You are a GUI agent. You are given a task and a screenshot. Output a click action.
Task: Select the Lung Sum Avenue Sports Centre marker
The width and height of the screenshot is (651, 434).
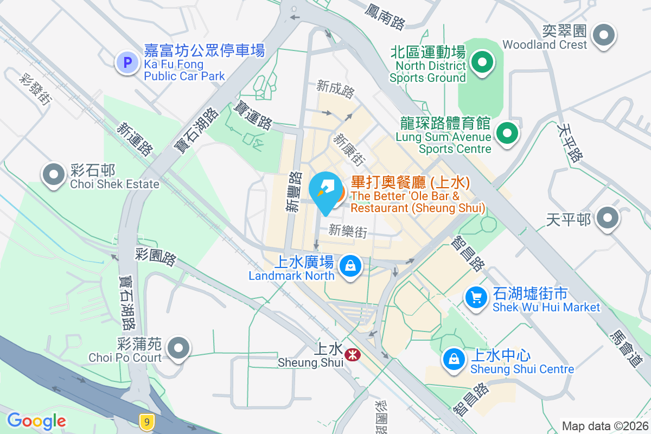(x=507, y=132)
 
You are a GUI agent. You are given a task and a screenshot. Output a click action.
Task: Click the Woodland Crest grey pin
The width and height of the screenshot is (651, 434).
(x=603, y=35)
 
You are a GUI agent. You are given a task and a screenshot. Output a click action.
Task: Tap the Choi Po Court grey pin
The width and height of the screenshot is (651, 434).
(x=178, y=348)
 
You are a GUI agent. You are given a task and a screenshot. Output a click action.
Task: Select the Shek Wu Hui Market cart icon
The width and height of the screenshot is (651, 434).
(x=476, y=297)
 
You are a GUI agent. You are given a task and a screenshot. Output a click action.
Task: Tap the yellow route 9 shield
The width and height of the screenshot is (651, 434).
(x=145, y=421)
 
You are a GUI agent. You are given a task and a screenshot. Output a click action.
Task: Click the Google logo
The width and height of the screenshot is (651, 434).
(x=36, y=421)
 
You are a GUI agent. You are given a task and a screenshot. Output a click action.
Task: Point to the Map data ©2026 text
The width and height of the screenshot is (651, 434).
(x=604, y=426)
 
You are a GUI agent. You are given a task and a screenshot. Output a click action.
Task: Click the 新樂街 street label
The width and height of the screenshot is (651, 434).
(x=348, y=232)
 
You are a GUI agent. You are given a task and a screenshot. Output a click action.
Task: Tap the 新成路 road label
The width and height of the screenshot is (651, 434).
(x=335, y=88)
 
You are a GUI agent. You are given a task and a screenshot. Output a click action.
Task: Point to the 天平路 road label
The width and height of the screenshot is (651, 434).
(x=570, y=142)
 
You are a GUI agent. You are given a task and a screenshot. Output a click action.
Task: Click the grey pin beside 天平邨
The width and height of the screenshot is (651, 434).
(x=607, y=218)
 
